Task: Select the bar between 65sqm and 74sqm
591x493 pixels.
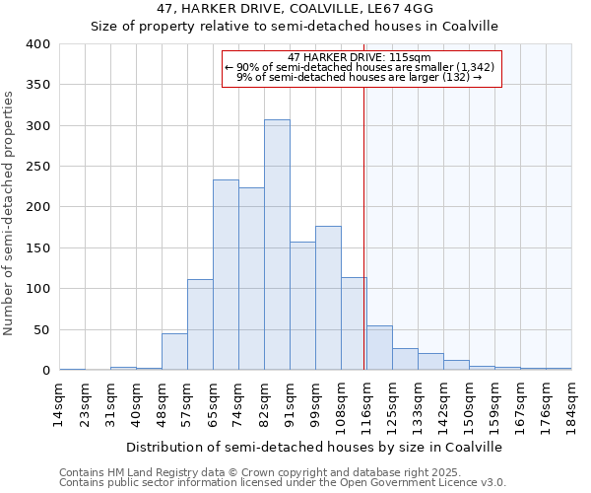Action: (226, 275)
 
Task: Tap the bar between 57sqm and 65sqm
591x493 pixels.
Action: (200, 324)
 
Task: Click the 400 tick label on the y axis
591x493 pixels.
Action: (37, 44)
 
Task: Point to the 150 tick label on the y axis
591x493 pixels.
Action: (37, 248)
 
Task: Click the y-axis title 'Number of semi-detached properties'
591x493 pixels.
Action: (10, 212)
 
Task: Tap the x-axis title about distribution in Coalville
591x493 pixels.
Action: (314, 447)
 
